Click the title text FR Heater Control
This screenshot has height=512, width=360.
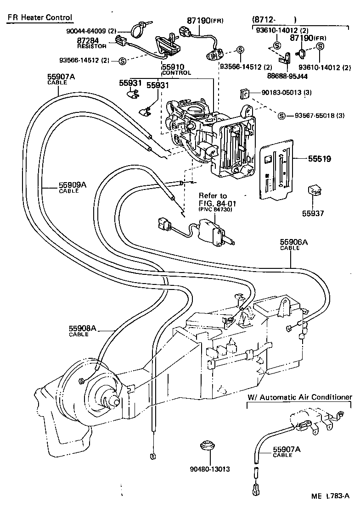39,18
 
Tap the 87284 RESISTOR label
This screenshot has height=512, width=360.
92,43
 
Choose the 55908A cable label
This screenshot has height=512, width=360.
83,330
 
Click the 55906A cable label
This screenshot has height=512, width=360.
294,244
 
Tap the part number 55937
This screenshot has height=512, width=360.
316,213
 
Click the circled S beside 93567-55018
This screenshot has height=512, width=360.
281,115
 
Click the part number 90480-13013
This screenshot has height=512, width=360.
209,469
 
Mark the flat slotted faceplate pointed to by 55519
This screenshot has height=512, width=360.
276,170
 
